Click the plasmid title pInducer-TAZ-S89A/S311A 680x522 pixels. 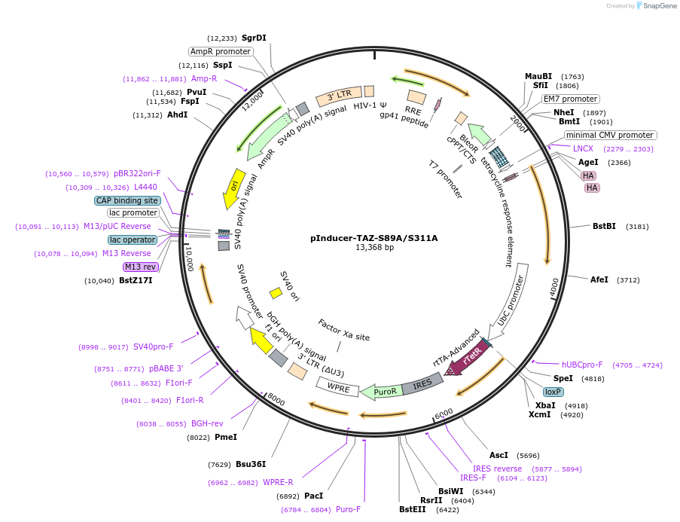coord(374,238)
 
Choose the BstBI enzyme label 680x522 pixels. coord(604,226)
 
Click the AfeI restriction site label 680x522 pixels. coord(599,279)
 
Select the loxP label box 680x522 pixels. coord(553,392)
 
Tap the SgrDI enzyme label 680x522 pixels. coord(254,38)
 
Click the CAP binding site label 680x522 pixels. coord(127,200)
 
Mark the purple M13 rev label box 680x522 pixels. coord(142,267)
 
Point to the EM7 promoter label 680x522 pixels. coord(571,99)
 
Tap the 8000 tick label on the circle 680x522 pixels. coord(276,400)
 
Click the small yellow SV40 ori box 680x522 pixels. coord(276,292)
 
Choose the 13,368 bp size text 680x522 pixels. coord(374,248)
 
